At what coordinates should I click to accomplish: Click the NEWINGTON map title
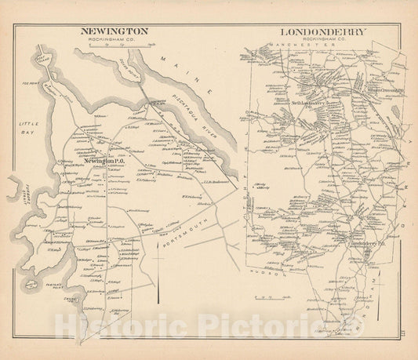(x=115, y=32)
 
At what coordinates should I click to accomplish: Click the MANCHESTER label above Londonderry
(x=309, y=49)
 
